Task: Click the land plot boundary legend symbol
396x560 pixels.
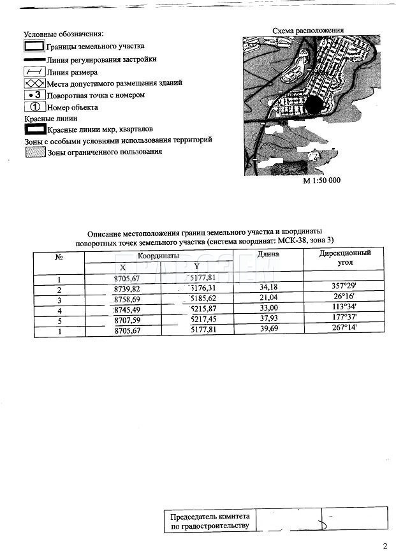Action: (x=34, y=47)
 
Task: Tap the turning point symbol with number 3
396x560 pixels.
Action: (x=34, y=95)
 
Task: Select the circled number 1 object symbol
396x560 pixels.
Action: (x=34, y=107)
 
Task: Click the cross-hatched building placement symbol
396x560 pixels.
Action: (x=34, y=83)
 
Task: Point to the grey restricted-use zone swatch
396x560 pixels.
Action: (x=34, y=152)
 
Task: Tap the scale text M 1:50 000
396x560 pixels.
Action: (x=321, y=181)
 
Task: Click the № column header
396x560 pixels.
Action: (x=59, y=258)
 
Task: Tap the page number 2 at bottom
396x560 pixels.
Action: (x=385, y=546)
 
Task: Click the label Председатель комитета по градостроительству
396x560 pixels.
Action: (x=210, y=521)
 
